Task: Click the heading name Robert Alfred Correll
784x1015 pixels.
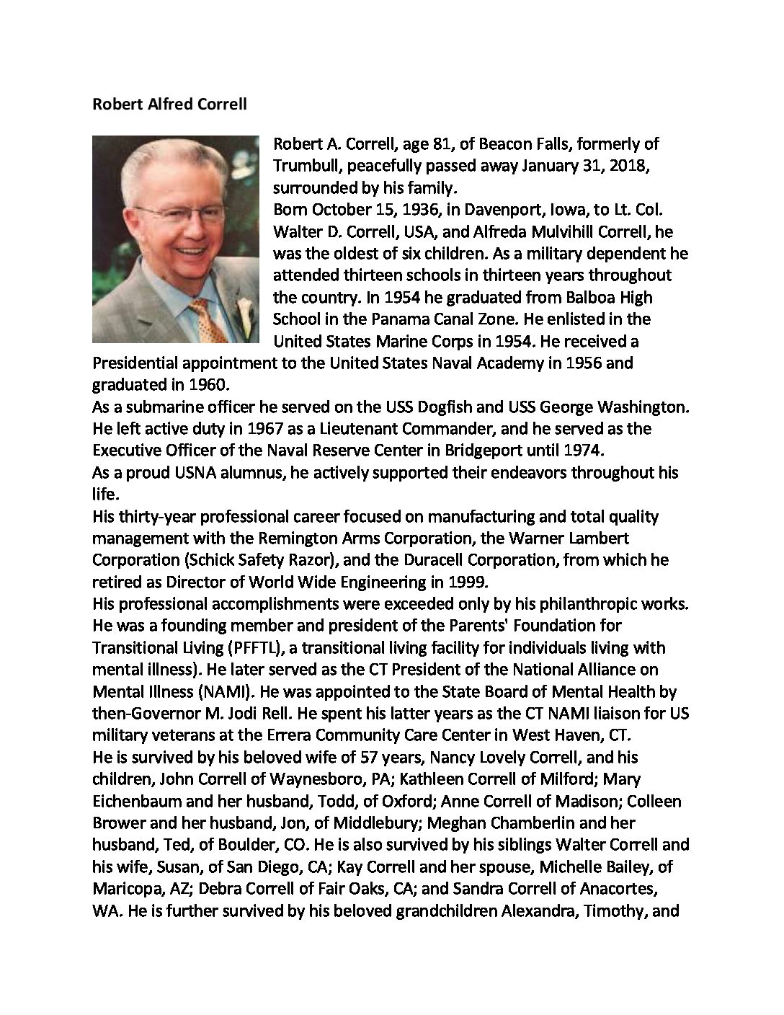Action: (x=169, y=105)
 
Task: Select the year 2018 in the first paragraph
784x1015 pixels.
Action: (x=632, y=166)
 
